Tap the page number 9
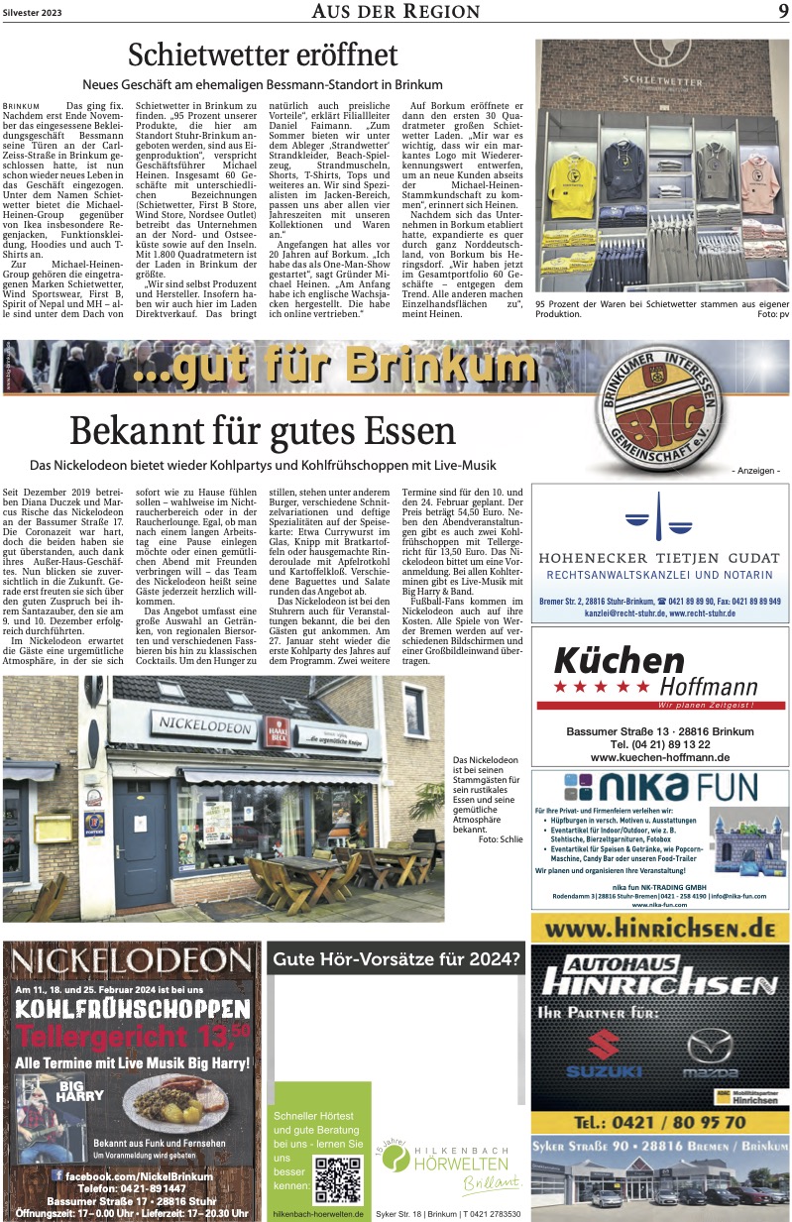(782, 11)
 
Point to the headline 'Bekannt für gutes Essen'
(263, 431)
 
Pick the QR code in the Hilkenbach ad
(337, 1177)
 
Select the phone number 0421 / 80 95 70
(659, 1122)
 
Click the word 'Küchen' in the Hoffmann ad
(619, 660)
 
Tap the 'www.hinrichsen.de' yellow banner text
(659, 930)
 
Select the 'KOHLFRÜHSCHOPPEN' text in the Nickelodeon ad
(132, 1009)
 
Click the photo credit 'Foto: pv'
(771, 341)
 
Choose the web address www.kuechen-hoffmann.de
(659, 756)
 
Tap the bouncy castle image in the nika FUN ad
(753, 842)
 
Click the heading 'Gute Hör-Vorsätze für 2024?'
(396, 958)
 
